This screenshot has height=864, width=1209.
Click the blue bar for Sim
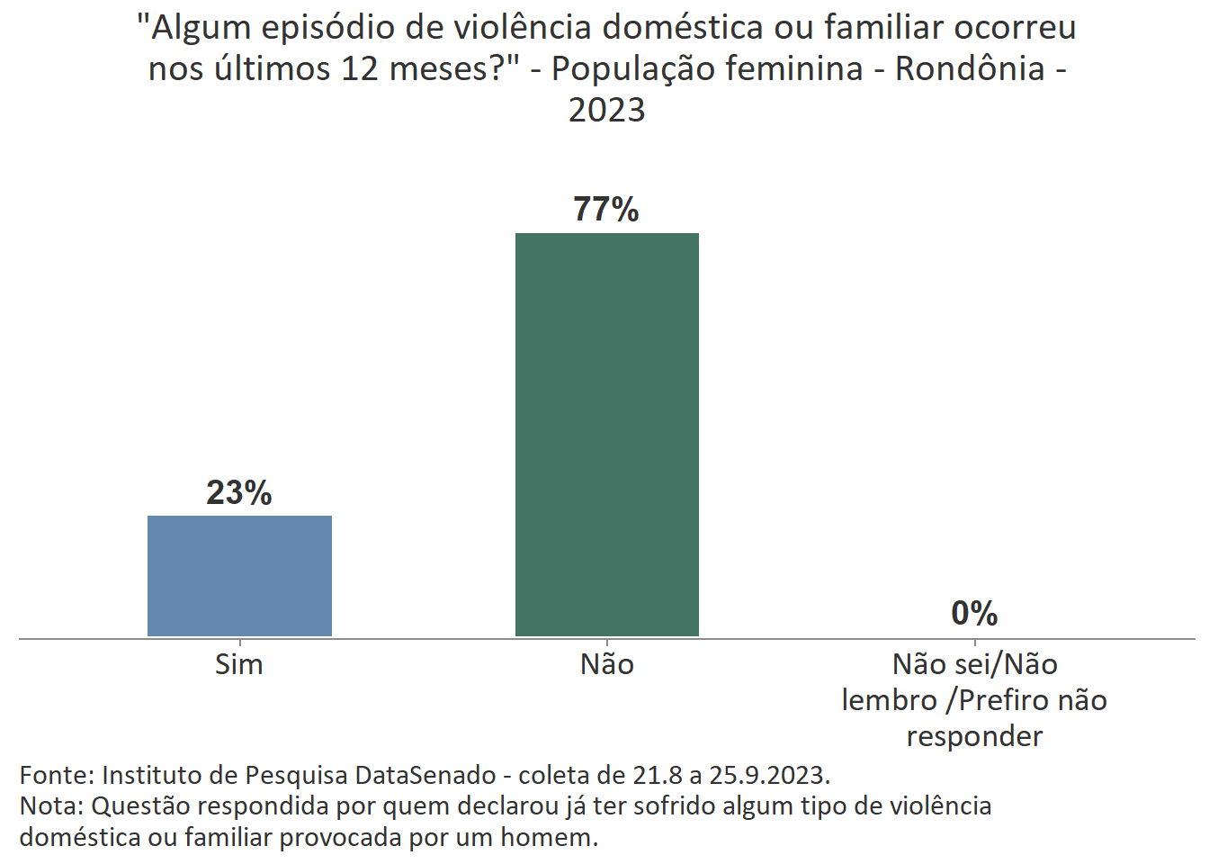pyautogui.click(x=239, y=576)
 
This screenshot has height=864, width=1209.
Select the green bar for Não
pyautogui.click(x=606, y=435)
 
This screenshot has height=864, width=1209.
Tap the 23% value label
pyautogui.click(x=239, y=492)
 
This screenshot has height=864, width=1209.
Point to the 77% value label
pyautogui.click(x=606, y=210)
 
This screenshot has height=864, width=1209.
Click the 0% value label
pyautogui.click(x=974, y=614)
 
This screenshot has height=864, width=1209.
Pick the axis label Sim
pyautogui.click(x=239, y=664)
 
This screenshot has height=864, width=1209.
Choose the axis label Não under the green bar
pyautogui.click(x=606, y=664)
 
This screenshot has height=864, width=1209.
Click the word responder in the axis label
pyautogui.click(x=974, y=736)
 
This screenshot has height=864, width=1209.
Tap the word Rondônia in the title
pyautogui.click(x=970, y=69)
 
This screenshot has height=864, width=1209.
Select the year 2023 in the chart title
pyautogui.click(x=606, y=110)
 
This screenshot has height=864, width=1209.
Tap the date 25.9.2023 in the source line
pyautogui.click(x=769, y=775)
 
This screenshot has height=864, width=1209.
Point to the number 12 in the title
pyautogui.click(x=360, y=69)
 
